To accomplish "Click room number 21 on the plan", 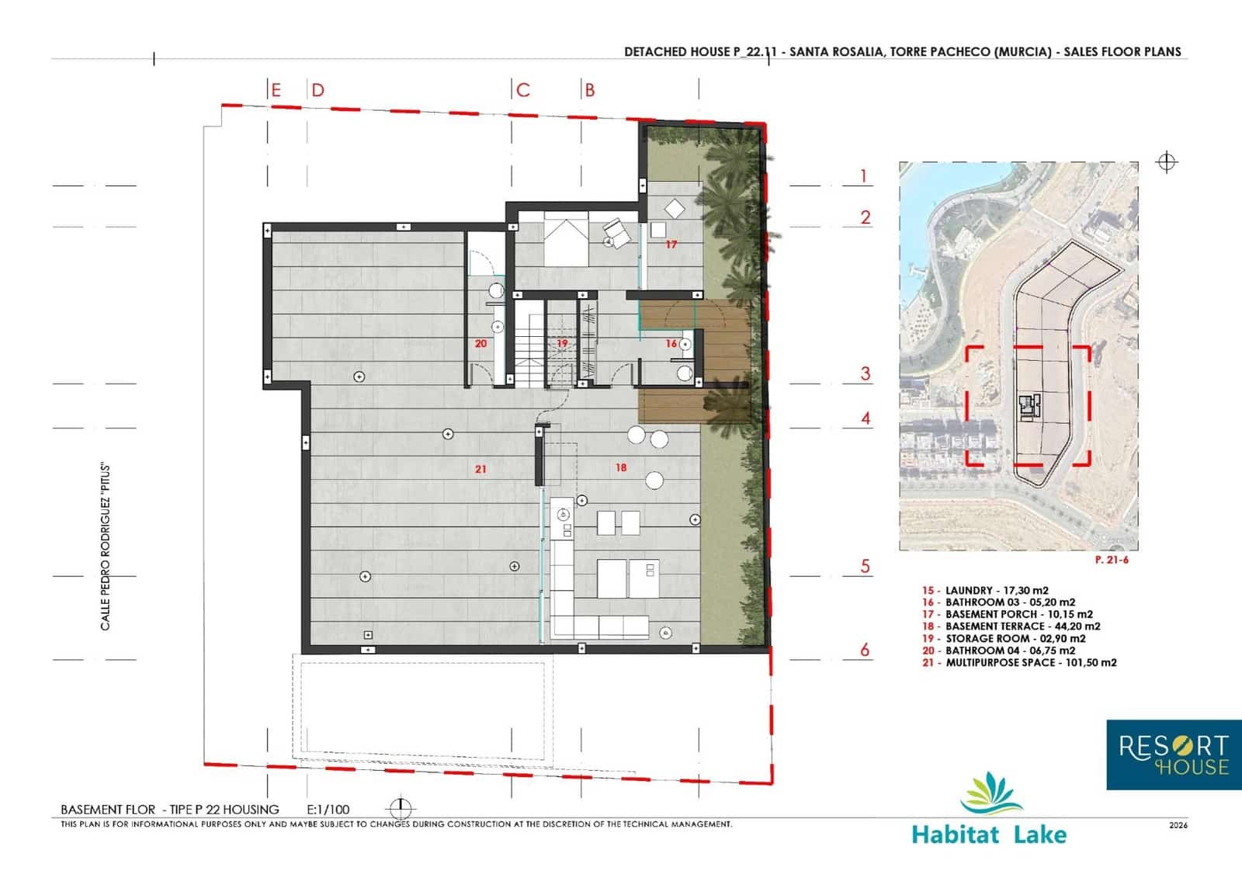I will coord(480,469).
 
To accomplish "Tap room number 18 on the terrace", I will coord(620,467).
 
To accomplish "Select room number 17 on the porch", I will coord(671,244).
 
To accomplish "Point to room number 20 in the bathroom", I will coord(480,343).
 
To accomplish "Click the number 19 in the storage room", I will coord(562,343).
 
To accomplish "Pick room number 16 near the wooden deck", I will coord(671,343).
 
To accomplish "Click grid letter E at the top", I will coord(276,90).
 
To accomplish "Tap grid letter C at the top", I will coord(523,90).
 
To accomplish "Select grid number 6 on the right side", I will coord(865,649).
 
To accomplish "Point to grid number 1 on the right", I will coord(863,176).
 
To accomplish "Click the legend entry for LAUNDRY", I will coord(986,590).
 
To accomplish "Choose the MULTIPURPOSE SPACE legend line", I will coord(1019,662).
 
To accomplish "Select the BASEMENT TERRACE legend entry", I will coord(1011,626).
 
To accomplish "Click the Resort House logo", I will coord(1173,755).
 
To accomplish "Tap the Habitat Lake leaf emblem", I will coord(990,793).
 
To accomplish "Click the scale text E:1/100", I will coord(328,809).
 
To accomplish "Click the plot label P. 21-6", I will coord(1112,560).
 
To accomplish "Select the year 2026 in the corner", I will coord(1178,825).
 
